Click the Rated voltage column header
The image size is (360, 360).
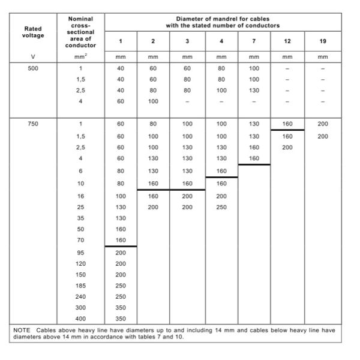click(32, 31)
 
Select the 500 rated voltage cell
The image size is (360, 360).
click(32, 68)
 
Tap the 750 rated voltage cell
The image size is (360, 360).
click(32, 124)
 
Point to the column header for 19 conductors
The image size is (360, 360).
click(323, 41)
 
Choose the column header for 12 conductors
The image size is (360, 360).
click(287, 41)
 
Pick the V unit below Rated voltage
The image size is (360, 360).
click(32, 58)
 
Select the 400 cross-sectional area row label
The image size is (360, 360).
click(80, 319)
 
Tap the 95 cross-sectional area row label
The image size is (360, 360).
click(80, 253)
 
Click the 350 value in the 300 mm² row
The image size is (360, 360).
click(120, 307)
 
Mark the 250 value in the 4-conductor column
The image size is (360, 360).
click(221, 207)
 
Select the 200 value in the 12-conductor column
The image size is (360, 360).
click(287, 146)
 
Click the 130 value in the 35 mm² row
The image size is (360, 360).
click(120, 218)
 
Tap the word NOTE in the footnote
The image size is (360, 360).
click(22, 331)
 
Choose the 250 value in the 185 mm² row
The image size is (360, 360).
click(120, 286)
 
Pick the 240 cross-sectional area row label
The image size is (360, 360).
click(80, 296)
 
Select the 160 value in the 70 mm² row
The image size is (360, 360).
click(120, 240)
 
